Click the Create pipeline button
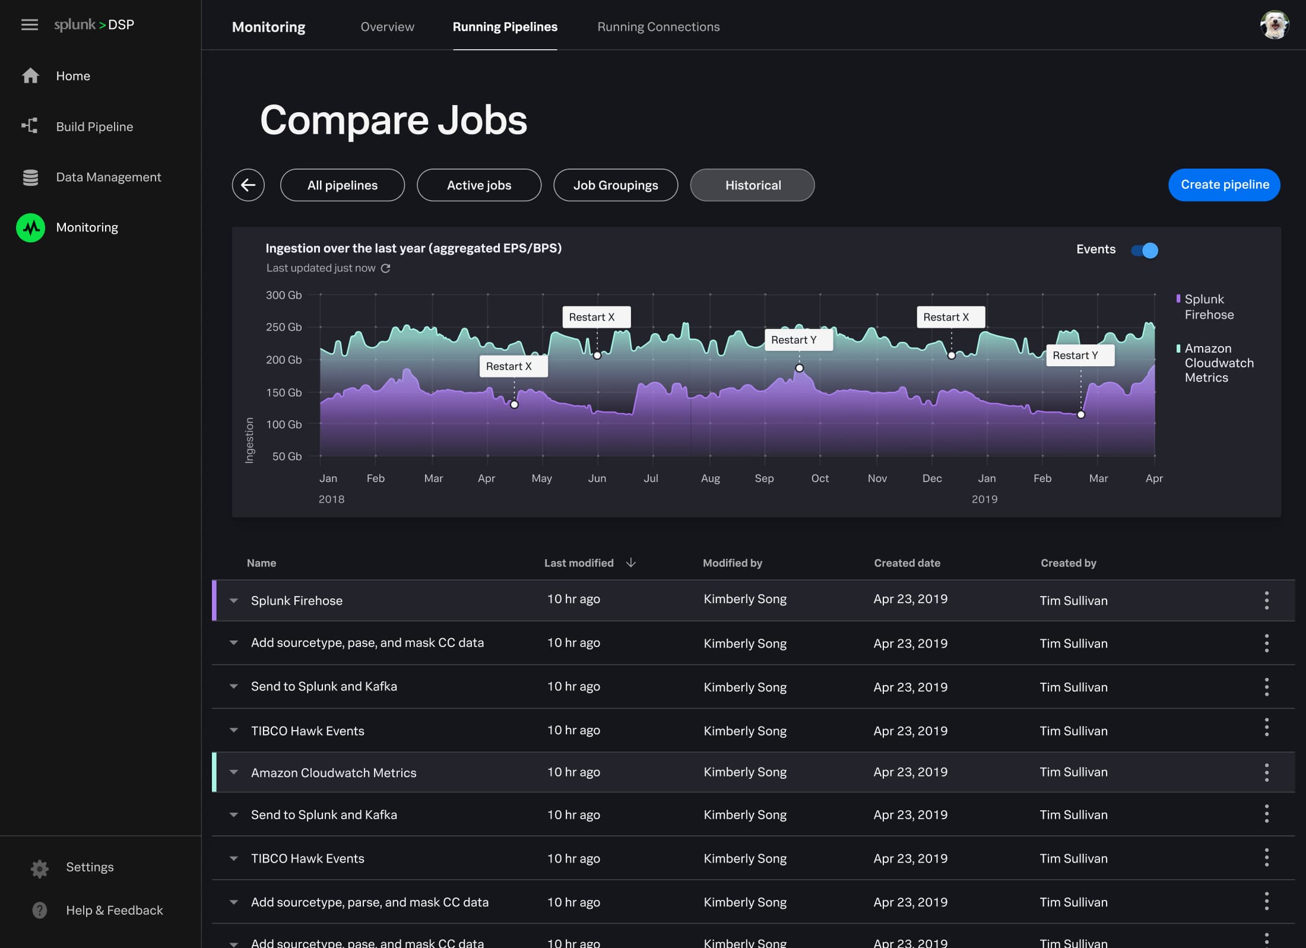tap(1223, 185)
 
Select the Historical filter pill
tap(752, 185)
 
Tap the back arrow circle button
tap(248, 185)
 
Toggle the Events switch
tap(1145, 251)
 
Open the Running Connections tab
tap(658, 27)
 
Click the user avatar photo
tap(1274, 25)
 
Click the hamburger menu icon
tap(29, 25)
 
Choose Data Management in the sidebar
tap(108, 177)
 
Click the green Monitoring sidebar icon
tap(31, 227)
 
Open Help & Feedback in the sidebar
tap(114, 910)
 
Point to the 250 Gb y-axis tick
tap(284, 327)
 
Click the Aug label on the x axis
tap(710, 478)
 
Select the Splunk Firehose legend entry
tap(1208, 307)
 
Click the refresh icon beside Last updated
tap(385, 268)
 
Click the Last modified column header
tap(579, 563)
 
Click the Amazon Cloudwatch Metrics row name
tap(334, 772)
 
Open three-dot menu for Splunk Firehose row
tap(1266, 600)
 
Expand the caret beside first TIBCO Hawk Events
tap(234, 730)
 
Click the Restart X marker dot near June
tap(597, 356)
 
